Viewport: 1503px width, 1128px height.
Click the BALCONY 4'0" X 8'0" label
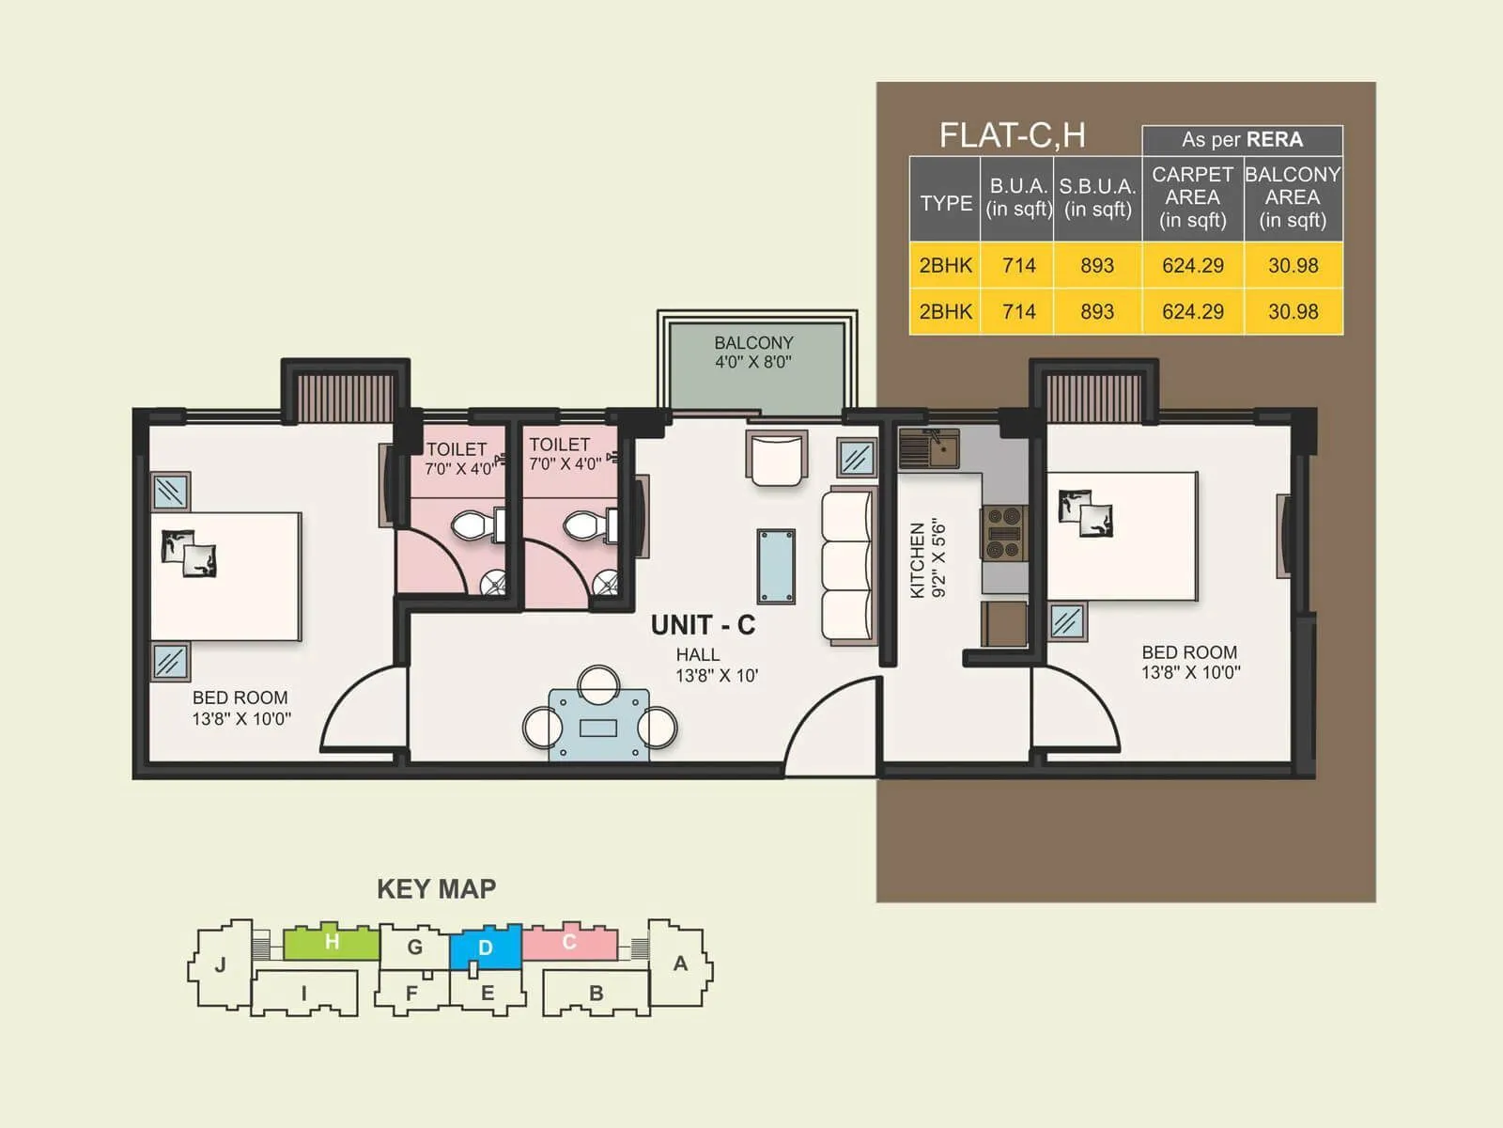(753, 352)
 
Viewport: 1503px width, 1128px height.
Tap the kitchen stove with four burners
(1003, 533)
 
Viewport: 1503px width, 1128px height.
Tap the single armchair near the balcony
(777, 459)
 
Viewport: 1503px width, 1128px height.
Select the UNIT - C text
(703, 625)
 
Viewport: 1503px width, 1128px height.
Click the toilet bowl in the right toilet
(584, 525)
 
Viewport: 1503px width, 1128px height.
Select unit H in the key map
(331, 942)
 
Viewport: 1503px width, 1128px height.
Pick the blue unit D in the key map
(486, 948)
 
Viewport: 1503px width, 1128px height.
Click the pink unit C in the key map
(569, 942)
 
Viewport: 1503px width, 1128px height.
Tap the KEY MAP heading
(436, 889)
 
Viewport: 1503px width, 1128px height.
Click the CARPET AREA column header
(1192, 197)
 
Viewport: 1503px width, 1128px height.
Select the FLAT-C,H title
(1012, 135)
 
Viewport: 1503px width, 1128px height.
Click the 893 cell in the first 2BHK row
(1096, 266)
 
